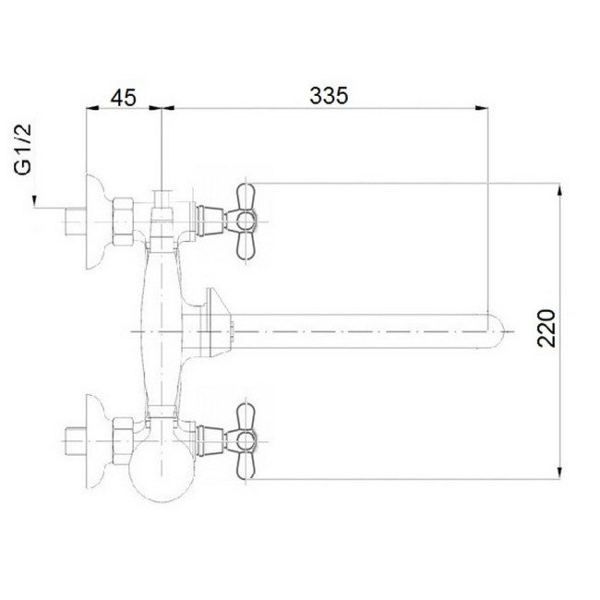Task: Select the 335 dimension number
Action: click(x=328, y=97)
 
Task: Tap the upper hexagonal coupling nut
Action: click(x=123, y=222)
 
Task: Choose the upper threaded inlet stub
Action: click(x=74, y=222)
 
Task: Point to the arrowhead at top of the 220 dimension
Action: click(x=558, y=190)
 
